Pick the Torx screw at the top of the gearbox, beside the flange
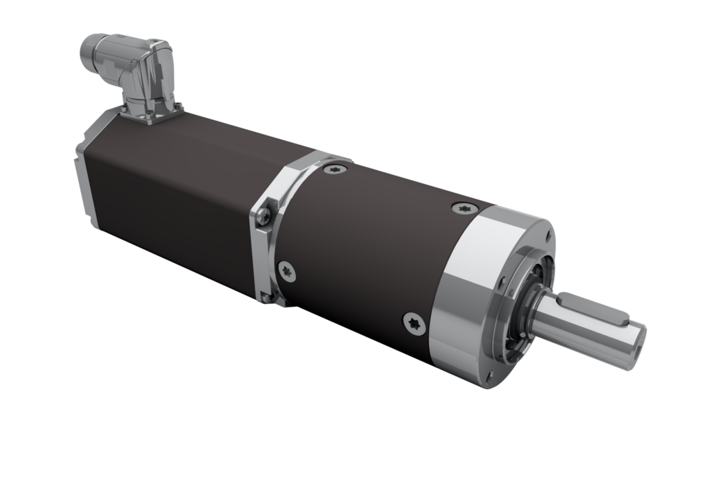(335, 168)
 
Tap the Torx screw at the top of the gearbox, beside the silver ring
(462, 207)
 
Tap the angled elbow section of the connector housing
(148, 69)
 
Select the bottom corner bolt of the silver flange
(264, 297)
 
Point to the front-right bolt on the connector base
(178, 108)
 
